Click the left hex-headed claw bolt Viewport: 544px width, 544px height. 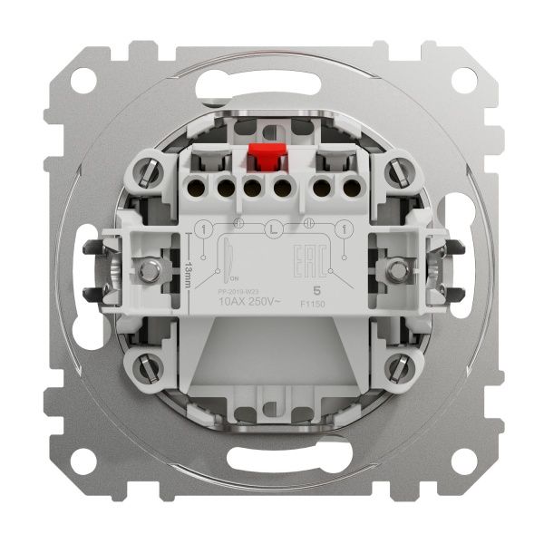[x=149, y=269]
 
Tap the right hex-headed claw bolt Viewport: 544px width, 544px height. [x=395, y=269]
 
